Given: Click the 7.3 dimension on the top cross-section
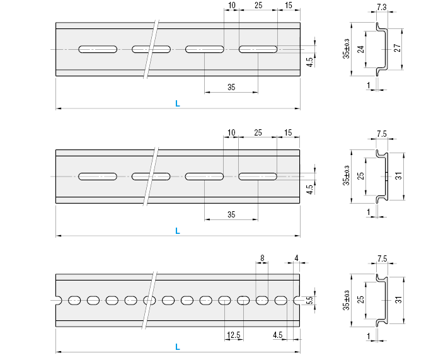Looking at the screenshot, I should pyautogui.click(x=381, y=7).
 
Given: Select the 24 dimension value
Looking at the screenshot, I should pyautogui.click(x=360, y=49).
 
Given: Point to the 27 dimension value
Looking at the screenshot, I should pyautogui.click(x=397, y=49).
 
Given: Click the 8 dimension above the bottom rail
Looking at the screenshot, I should pyautogui.click(x=262, y=258).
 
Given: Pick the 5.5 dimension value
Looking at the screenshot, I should pyautogui.click(x=309, y=301).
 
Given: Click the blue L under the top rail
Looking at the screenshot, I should pyautogui.click(x=178, y=105).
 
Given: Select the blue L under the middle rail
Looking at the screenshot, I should pyautogui.click(x=178, y=232).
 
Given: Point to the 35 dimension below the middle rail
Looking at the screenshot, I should pyautogui.click(x=231, y=215).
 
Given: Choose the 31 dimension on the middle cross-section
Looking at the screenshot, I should pyautogui.click(x=398, y=177).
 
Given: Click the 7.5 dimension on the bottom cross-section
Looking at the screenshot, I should pyautogui.click(x=382, y=259).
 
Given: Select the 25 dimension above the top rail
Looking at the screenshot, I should pyautogui.click(x=258, y=6).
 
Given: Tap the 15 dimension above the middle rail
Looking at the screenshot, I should pyautogui.click(x=289, y=133).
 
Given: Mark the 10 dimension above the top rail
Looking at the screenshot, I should pyautogui.click(x=231, y=6).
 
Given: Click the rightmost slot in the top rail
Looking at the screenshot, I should pyautogui.click(x=258, y=49).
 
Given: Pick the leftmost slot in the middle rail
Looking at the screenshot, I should pyautogui.click(x=98, y=176).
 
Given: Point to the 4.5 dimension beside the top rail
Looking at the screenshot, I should pyautogui.click(x=309, y=62).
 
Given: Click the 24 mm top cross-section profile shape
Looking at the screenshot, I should pyautogui.click(x=379, y=49).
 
